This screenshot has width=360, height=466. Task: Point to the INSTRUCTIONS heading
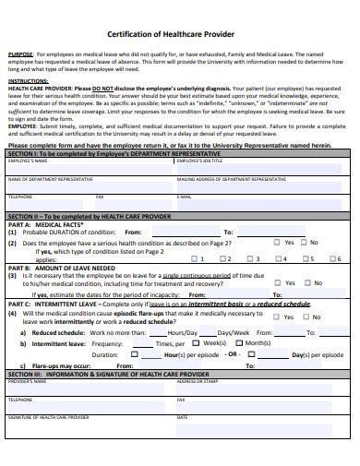point(28,81)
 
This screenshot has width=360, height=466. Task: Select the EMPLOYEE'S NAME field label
point(28,161)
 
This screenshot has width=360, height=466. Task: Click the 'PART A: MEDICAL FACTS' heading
point(46,224)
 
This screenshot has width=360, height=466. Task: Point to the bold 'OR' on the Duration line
point(233,353)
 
